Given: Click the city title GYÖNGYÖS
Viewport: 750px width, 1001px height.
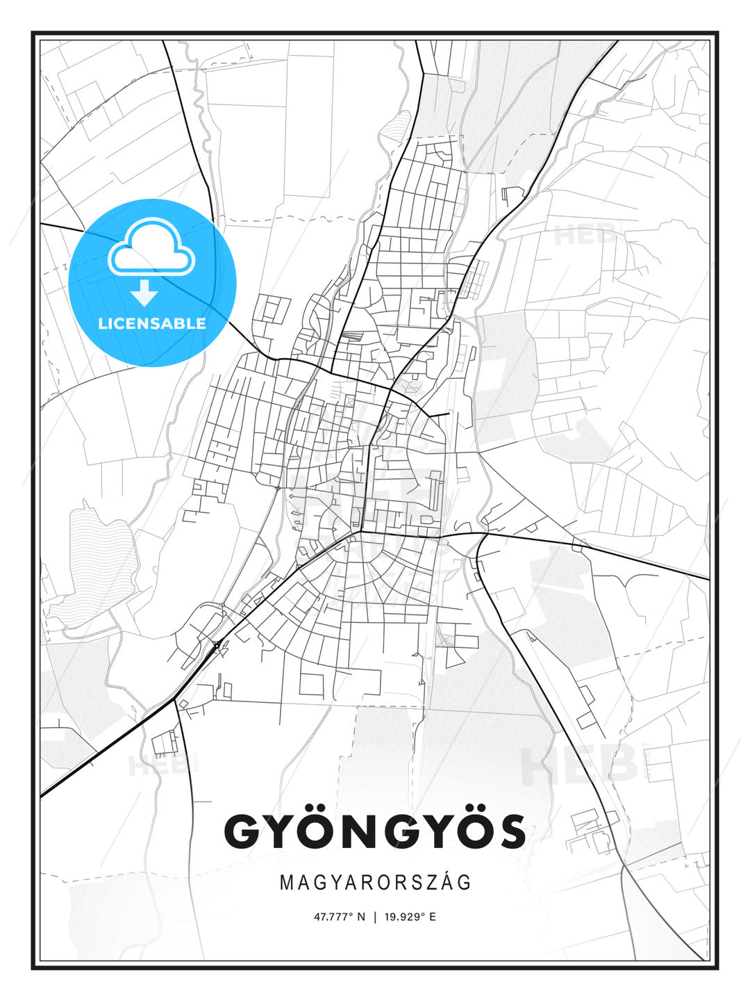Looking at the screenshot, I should coord(374,831).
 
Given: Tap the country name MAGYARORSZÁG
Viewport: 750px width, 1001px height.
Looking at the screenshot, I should coord(375,883).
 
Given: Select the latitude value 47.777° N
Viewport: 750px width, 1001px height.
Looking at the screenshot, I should coord(339,917).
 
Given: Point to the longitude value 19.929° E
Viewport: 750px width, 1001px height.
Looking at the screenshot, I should coord(410,917).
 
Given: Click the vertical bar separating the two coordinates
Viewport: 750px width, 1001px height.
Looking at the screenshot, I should coord(375,917).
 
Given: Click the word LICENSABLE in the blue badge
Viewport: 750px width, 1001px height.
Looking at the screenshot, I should coord(152,323).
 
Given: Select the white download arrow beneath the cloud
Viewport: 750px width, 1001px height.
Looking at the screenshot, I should coord(144,293).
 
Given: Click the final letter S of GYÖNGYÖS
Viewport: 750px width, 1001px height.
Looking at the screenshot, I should coord(510,831).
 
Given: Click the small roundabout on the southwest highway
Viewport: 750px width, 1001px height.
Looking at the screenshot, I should coord(217,646).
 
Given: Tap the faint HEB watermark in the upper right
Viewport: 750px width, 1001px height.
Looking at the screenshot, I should coord(583,235).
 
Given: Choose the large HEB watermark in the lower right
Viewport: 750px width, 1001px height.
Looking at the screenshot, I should coord(580,765).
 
